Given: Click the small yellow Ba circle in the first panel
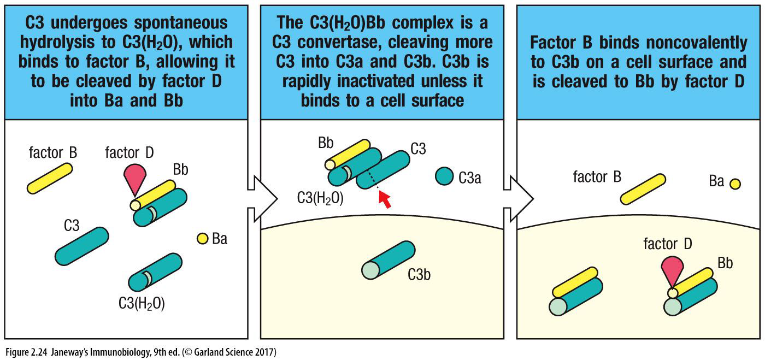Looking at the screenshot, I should (203, 238).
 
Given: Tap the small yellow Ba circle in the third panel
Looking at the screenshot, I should (735, 184).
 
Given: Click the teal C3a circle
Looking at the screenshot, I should (445, 176).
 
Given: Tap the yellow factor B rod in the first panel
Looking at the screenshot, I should (49, 178).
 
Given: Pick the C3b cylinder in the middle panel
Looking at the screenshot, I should (386, 261).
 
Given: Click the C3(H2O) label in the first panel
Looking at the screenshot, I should (142, 303).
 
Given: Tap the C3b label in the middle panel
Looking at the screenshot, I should (419, 274).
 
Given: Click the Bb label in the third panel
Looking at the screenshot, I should (725, 263).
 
